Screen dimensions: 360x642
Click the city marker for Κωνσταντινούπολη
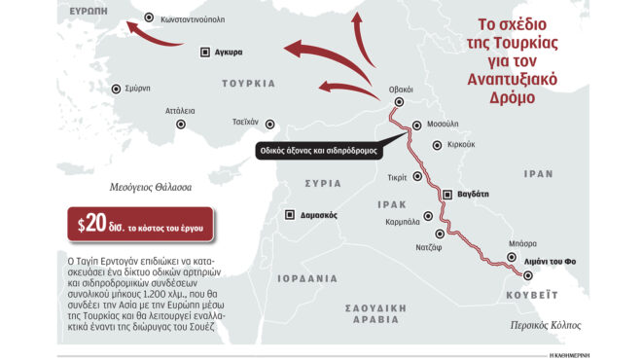coord(148,18)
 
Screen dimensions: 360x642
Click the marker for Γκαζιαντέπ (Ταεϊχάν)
coord(271,123)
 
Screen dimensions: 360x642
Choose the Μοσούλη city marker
coord(416,125)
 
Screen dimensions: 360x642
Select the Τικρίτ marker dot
coord(418,176)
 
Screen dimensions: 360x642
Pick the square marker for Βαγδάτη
coord(447,195)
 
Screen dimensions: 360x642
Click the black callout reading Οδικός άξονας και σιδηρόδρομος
coord(317,151)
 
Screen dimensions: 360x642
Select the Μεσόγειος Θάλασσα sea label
coord(151,186)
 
